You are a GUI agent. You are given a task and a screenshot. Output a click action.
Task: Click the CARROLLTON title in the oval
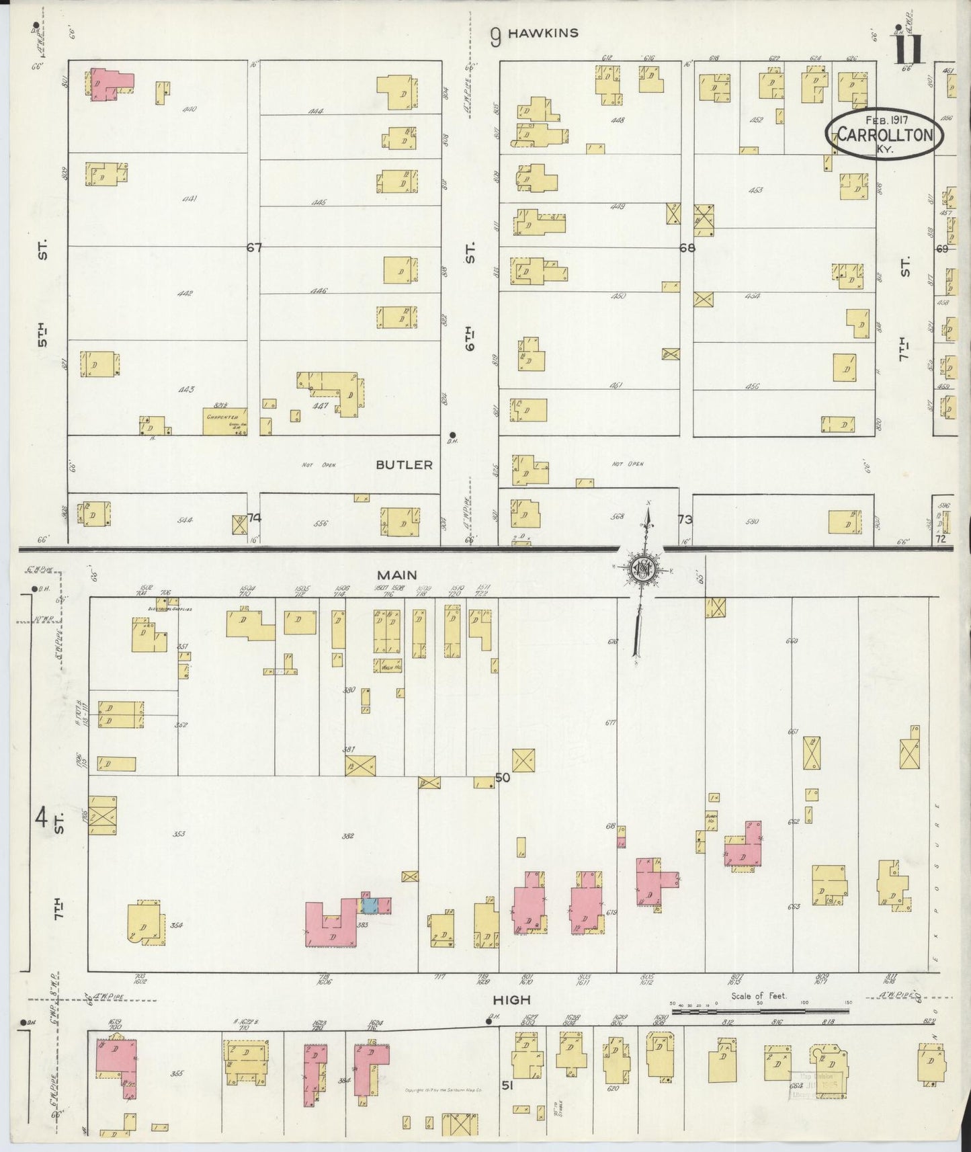point(885,134)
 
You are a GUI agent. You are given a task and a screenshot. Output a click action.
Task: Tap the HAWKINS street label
point(543,33)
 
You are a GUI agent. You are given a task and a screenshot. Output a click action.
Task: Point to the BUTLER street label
point(404,464)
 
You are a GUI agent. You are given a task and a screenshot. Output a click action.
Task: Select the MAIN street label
point(396,575)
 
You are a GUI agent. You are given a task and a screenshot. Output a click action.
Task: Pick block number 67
point(253,247)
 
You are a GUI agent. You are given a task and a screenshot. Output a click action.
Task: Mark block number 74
point(254,518)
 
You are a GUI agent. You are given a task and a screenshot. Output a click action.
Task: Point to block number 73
point(685,520)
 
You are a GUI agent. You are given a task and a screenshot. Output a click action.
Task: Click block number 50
point(502,778)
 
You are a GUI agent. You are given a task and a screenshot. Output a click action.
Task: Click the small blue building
point(369,905)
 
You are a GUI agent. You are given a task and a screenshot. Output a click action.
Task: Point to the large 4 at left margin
point(41,819)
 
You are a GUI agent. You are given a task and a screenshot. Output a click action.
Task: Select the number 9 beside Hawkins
point(495,36)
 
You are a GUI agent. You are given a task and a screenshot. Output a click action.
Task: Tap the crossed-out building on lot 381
point(360,766)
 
